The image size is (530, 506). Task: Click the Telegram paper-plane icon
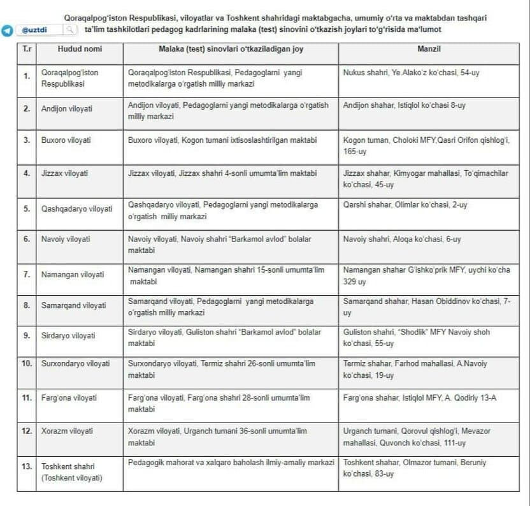pos(7,31)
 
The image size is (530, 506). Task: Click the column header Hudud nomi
pos(80,49)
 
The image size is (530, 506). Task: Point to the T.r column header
pos(27,49)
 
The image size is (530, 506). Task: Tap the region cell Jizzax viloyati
pos(64,173)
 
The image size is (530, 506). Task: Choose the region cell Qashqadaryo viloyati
pos(76,208)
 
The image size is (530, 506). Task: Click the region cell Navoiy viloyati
pos(66,239)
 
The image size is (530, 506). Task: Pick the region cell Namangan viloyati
pos(72,275)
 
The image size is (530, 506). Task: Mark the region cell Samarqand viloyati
pos(73,305)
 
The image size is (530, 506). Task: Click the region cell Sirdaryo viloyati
pos(68,336)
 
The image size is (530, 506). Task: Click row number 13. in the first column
pos(27,466)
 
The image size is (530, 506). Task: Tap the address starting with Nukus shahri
pos(411,73)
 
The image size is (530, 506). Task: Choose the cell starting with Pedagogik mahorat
pos(231,463)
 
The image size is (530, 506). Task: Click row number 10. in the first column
pos(27,363)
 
